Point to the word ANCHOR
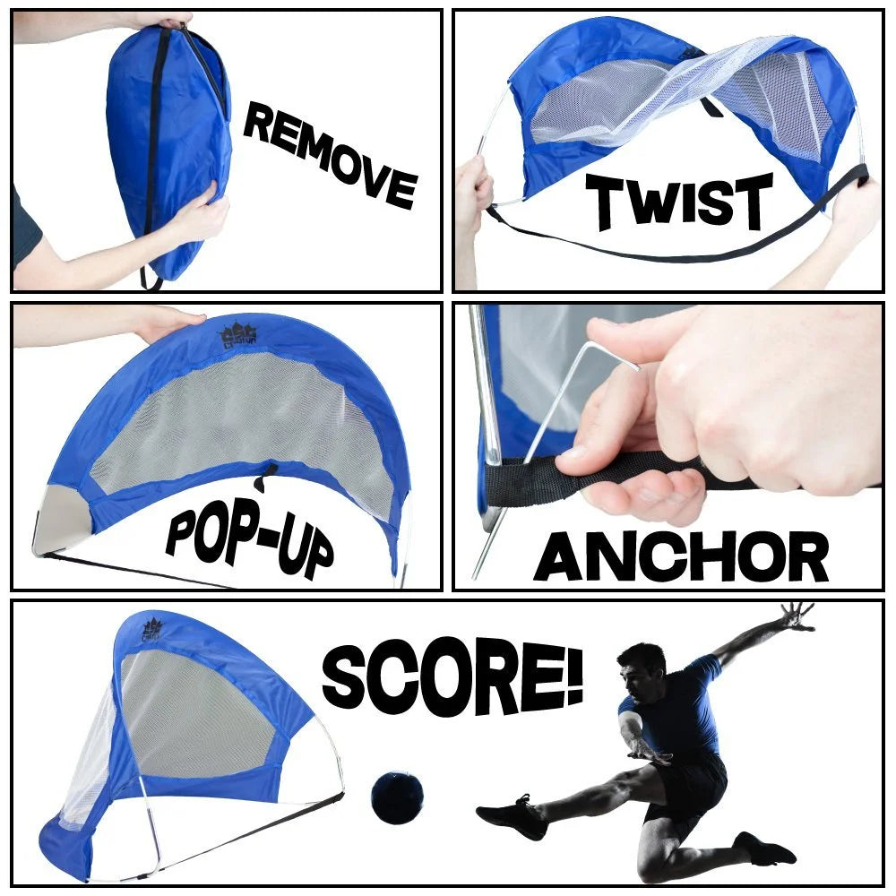coord(681,557)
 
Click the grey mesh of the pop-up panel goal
coord(242,421)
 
